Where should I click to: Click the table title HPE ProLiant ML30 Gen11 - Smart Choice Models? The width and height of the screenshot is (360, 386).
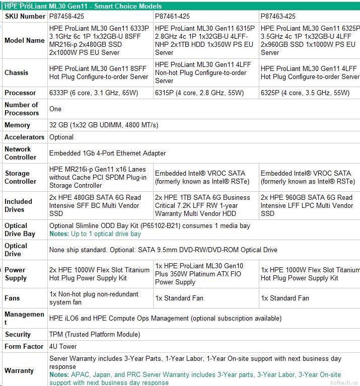click(83, 6)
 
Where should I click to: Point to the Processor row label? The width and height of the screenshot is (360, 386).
click(20, 93)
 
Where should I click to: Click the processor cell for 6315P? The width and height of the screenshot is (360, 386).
click(199, 93)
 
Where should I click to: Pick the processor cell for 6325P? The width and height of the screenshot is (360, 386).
click(305, 93)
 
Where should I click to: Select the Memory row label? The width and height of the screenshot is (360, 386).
click(18, 125)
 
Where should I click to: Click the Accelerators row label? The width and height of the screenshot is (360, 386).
click(24, 137)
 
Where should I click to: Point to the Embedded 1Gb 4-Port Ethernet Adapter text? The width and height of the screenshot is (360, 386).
click(107, 153)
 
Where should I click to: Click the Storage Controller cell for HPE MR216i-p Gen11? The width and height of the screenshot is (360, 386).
click(98, 177)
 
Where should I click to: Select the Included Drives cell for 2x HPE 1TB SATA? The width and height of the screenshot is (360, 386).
click(202, 205)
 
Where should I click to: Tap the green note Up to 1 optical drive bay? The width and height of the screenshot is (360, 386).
click(95, 234)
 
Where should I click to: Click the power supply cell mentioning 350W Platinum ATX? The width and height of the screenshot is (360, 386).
click(199, 274)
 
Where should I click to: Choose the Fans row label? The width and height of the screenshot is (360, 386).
click(12, 298)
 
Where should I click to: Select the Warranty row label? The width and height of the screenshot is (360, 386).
click(19, 370)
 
